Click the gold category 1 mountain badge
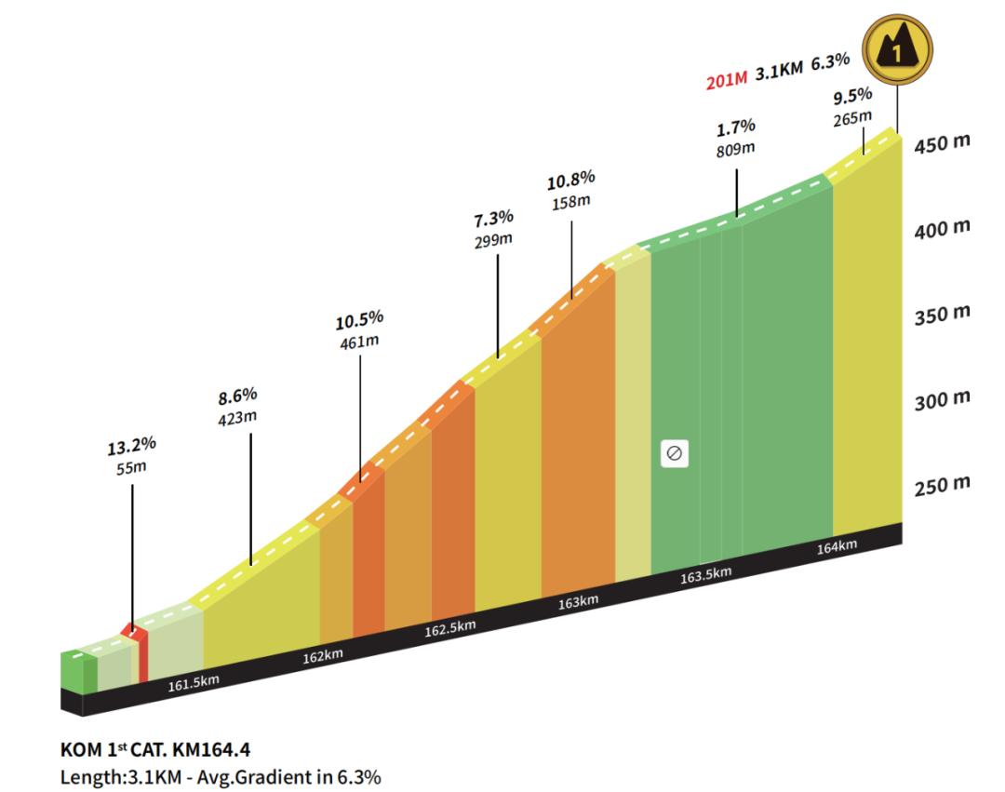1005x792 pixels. [x=897, y=49]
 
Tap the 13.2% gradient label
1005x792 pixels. [x=130, y=443]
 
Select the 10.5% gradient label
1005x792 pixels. [x=359, y=320]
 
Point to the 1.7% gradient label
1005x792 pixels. [x=735, y=128]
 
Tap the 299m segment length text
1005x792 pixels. [x=493, y=239]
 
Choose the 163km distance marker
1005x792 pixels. [x=578, y=603]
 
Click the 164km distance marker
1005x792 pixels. [x=836, y=547]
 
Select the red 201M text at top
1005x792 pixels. [x=727, y=82]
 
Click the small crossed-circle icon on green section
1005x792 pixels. [x=674, y=454]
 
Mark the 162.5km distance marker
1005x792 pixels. [x=449, y=629]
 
